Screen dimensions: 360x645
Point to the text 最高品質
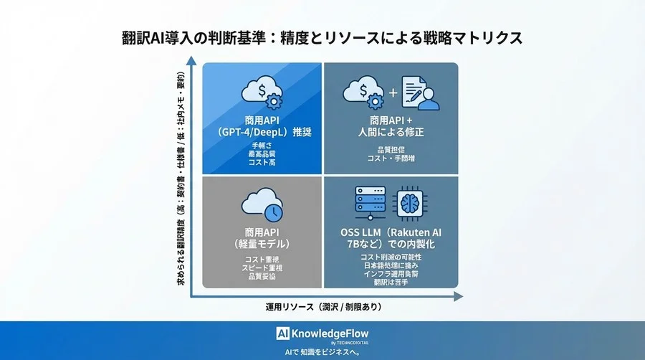tap(262, 154)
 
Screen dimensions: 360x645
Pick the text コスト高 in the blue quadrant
tap(262, 163)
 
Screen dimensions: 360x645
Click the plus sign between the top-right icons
tap(392, 93)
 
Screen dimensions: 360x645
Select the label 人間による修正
tap(391, 133)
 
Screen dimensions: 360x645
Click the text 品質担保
tap(391, 150)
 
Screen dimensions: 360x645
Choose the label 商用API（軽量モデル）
tap(262, 238)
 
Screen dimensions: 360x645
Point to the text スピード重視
tap(262, 267)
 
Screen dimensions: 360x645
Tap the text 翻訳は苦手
tap(391, 282)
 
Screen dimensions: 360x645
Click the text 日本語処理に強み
tap(391, 265)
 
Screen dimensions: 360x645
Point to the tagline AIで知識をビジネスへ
tap(322, 353)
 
